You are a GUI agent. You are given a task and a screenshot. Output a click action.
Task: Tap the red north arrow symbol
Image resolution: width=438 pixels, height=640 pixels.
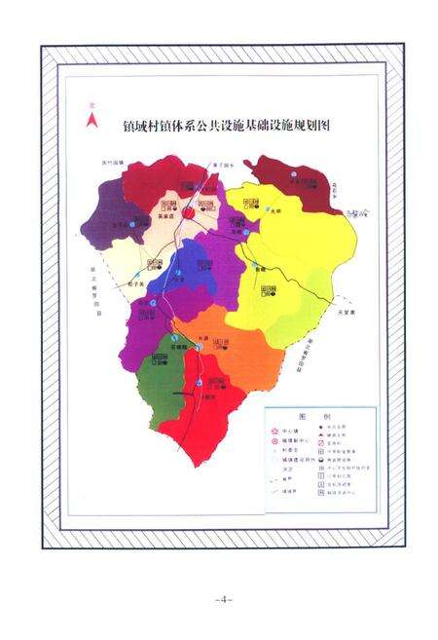91,120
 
